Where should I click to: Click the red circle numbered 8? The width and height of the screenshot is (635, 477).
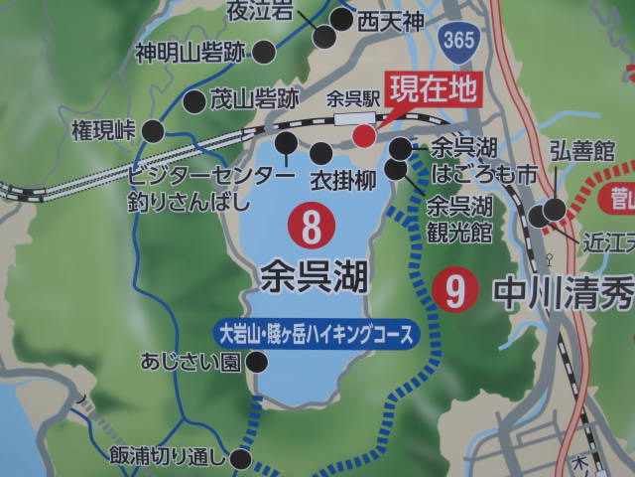click(x=312, y=228)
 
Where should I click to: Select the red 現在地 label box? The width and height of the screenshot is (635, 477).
click(x=434, y=90)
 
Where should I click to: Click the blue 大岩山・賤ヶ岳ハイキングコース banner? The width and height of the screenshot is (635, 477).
click(x=315, y=333)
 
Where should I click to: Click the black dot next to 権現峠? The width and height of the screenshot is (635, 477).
click(x=153, y=130)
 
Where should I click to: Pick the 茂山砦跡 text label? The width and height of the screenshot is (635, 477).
click(x=254, y=99)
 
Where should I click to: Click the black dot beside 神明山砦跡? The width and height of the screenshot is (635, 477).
click(x=265, y=53)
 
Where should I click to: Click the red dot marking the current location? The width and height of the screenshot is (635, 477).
click(x=364, y=135)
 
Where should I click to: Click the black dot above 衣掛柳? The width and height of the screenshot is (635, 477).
click(x=321, y=153)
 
